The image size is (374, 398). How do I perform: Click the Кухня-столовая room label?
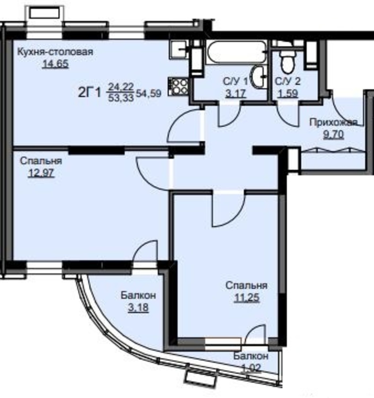click(55, 52)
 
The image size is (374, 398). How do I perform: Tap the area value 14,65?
click(55, 64)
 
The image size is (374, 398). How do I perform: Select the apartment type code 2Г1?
click(90, 92)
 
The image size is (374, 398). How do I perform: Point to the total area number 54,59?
click(149, 94)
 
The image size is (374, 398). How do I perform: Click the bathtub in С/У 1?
click(236, 52)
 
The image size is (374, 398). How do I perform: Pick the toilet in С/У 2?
click(287, 61)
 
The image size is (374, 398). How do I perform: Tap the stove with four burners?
click(178, 87)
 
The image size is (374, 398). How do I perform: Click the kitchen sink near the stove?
click(179, 49)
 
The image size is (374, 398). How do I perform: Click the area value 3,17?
click(236, 94)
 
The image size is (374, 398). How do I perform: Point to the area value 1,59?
click(288, 94)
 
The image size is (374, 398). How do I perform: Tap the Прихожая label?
click(334, 123)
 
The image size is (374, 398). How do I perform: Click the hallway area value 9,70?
click(334, 134)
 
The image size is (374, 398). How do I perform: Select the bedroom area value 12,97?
click(41, 173)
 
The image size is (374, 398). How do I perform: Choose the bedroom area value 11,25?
click(247, 297)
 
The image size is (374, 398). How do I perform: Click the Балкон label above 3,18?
click(138, 295)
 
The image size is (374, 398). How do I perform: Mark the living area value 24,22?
click(121, 87)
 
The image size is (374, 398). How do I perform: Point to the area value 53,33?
click(121, 98)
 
